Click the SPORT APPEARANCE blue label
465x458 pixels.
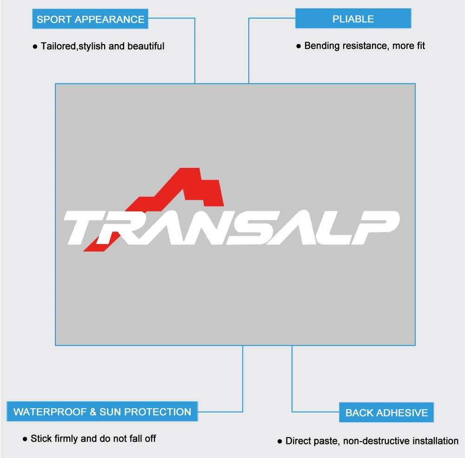tap(90, 19)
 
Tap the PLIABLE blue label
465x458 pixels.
tap(353, 19)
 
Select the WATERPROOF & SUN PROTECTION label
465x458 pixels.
tap(102, 412)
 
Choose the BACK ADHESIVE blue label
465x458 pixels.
tap(386, 412)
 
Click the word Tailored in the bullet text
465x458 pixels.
tap(59, 46)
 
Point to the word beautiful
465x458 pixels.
tap(146, 46)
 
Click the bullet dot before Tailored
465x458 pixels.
tap(35, 46)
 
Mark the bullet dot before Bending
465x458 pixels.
tap(299, 46)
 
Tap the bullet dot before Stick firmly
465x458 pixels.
tap(25, 439)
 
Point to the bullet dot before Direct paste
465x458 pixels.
tap(279, 442)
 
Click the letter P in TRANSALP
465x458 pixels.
tap(375, 227)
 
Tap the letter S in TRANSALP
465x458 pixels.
tap(248, 227)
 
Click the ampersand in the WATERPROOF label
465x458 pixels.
tap(93, 412)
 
